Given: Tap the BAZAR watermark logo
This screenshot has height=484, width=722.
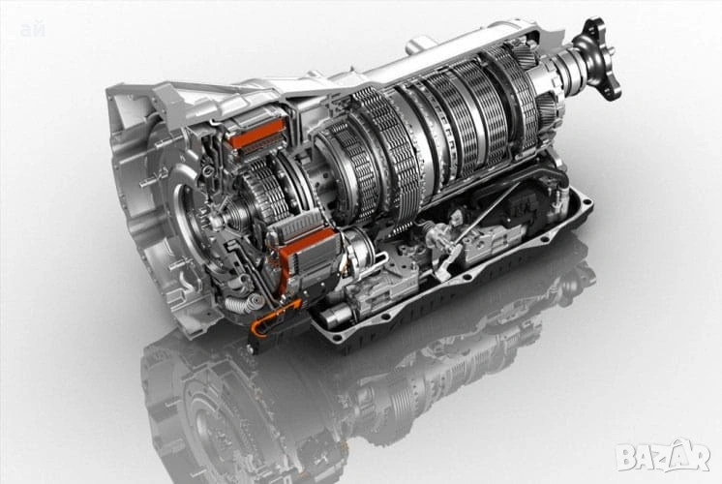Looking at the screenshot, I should click(663, 455).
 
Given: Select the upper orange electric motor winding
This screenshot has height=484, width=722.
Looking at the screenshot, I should click(256, 134).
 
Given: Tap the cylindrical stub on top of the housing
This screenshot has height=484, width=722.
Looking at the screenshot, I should click(420, 44).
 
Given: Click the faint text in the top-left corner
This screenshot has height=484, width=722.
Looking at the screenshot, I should click(32, 32).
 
